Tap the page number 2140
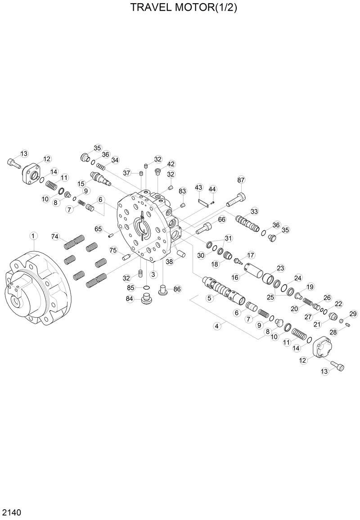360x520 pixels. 13,512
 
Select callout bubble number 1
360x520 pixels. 33,236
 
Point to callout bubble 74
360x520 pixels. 55,237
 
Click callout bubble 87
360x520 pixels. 241,180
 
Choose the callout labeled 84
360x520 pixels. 130,299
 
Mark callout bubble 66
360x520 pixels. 221,220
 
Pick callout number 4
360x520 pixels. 218,326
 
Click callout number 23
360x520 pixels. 280,268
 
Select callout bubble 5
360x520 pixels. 209,297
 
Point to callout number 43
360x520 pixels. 199,187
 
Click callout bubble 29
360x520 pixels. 353,314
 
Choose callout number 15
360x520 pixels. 81,184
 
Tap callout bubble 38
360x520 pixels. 169,261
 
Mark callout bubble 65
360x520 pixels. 99,229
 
